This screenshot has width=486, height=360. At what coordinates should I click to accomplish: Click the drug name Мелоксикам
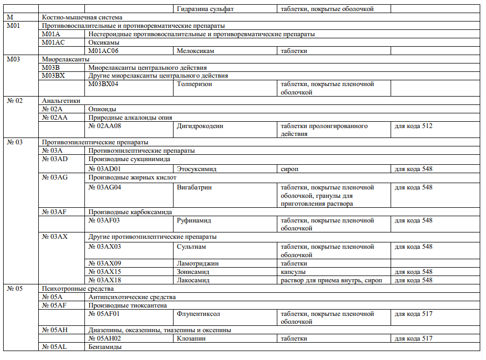pyautogui.click(x=196, y=51)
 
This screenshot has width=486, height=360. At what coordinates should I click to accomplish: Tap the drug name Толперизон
pyautogui.click(x=195, y=84)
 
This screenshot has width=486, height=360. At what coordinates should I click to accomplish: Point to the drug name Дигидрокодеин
pyautogui.click(x=200, y=126)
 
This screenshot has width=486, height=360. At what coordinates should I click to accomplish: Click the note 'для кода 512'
pyautogui.click(x=413, y=126)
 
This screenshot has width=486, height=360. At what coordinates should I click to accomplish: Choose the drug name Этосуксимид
pyautogui.click(x=197, y=169)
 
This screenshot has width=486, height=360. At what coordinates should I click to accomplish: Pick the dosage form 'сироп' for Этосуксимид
pyautogui.click(x=290, y=169)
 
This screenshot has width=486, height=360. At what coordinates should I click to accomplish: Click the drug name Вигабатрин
pyautogui.click(x=195, y=187)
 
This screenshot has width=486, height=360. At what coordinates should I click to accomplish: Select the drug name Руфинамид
pyautogui.click(x=194, y=220)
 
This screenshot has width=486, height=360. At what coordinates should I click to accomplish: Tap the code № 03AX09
pyautogui.click(x=105, y=263)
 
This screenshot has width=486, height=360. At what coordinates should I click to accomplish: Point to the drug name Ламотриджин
pyautogui.click(x=198, y=263)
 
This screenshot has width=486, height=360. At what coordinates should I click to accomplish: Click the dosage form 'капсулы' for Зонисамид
pyautogui.click(x=293, y=272)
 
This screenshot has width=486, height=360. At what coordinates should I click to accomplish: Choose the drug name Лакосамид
pyautogui.click(x=193, y=280)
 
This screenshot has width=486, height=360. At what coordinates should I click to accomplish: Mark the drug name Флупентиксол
pyautogui.click(x=198, y=314)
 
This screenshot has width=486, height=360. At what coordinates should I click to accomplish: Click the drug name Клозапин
pyautogui.click(x=191, y=338)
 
